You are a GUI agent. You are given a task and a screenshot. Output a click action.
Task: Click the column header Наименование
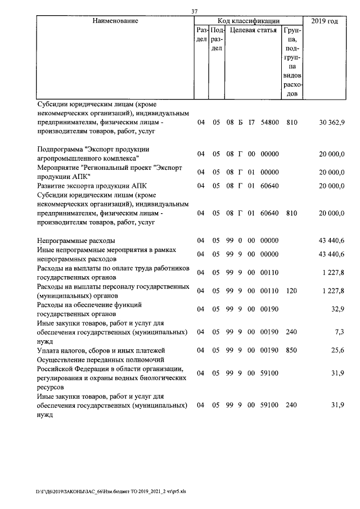tap(116, 21)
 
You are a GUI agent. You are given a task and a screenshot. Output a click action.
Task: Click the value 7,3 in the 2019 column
tap(339, 332)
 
